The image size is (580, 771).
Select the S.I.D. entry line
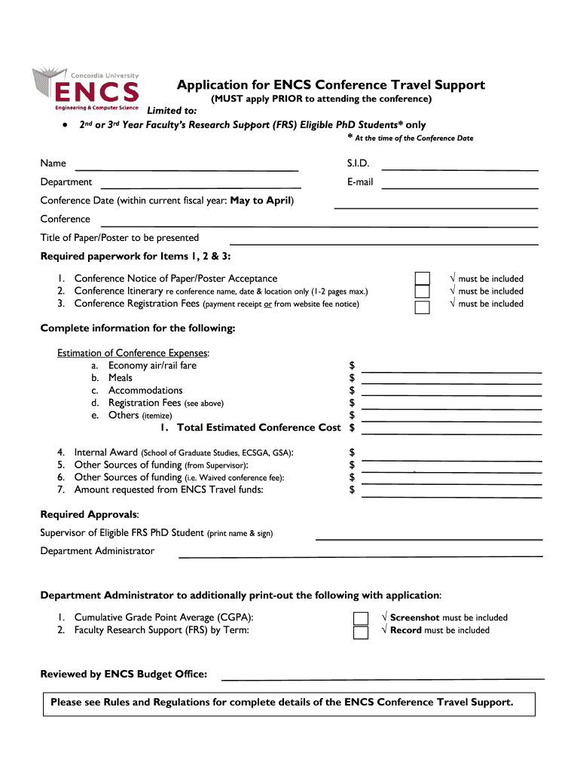coord(460,169)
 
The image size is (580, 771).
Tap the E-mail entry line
coord(460,186)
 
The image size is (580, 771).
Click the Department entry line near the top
coord(200,186)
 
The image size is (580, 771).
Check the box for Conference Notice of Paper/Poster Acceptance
coord(423,279)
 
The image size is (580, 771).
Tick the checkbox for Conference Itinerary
coord(423,292)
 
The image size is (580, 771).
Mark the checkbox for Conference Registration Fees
coord(423,306)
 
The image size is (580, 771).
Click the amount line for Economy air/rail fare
coord(452,370)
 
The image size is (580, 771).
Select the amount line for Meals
coord(452,383)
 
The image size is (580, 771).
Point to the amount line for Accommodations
coord(452,395)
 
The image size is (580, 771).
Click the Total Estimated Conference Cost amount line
coord(452,433)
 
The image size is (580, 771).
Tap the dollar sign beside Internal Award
coord(352,453)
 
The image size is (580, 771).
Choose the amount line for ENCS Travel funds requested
coord(452,495)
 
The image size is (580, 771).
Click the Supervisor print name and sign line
coord(429,538)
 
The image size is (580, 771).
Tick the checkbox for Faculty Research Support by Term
coord(361,632)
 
